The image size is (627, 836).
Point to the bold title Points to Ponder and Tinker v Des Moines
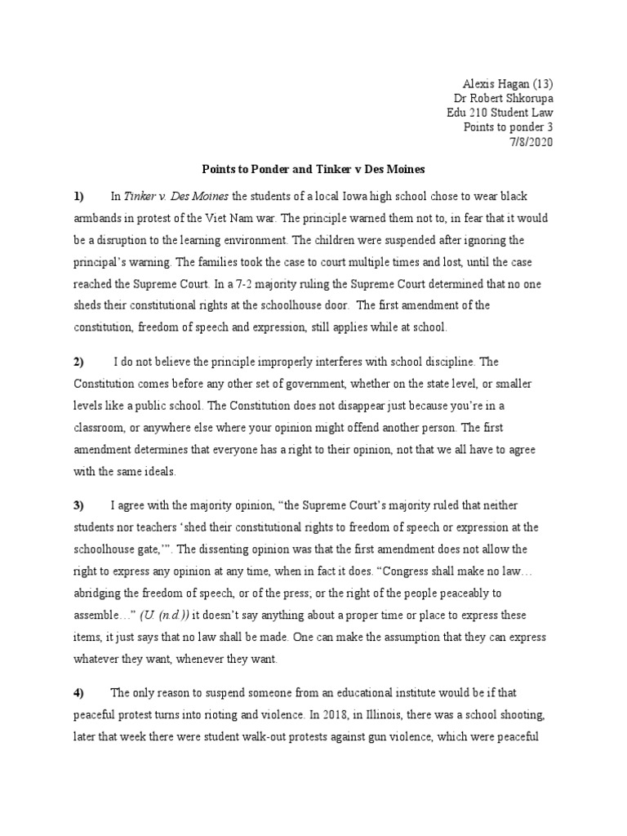click(313, 171)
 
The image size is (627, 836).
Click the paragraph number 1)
click(78, 198)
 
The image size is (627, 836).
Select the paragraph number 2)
click(78, 361)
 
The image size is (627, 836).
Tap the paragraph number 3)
click(78, 506)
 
